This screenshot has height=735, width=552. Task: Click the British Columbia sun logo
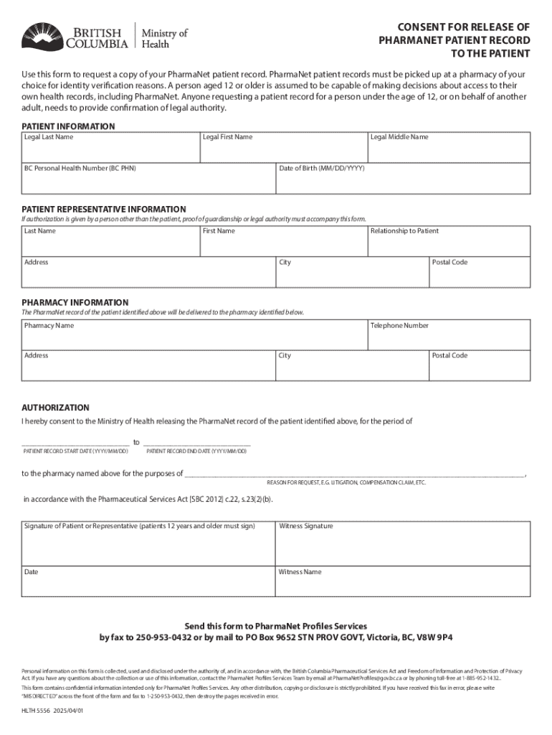pos(42,36)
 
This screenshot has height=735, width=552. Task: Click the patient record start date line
pos(75,442)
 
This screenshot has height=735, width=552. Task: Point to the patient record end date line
pos(197,442)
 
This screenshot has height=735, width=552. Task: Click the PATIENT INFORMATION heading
pos(68,126)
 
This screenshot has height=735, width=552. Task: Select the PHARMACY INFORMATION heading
pos(75,303)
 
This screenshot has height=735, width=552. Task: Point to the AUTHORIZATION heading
pos(55,408)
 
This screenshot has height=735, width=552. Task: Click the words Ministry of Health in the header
pos(165,37)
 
